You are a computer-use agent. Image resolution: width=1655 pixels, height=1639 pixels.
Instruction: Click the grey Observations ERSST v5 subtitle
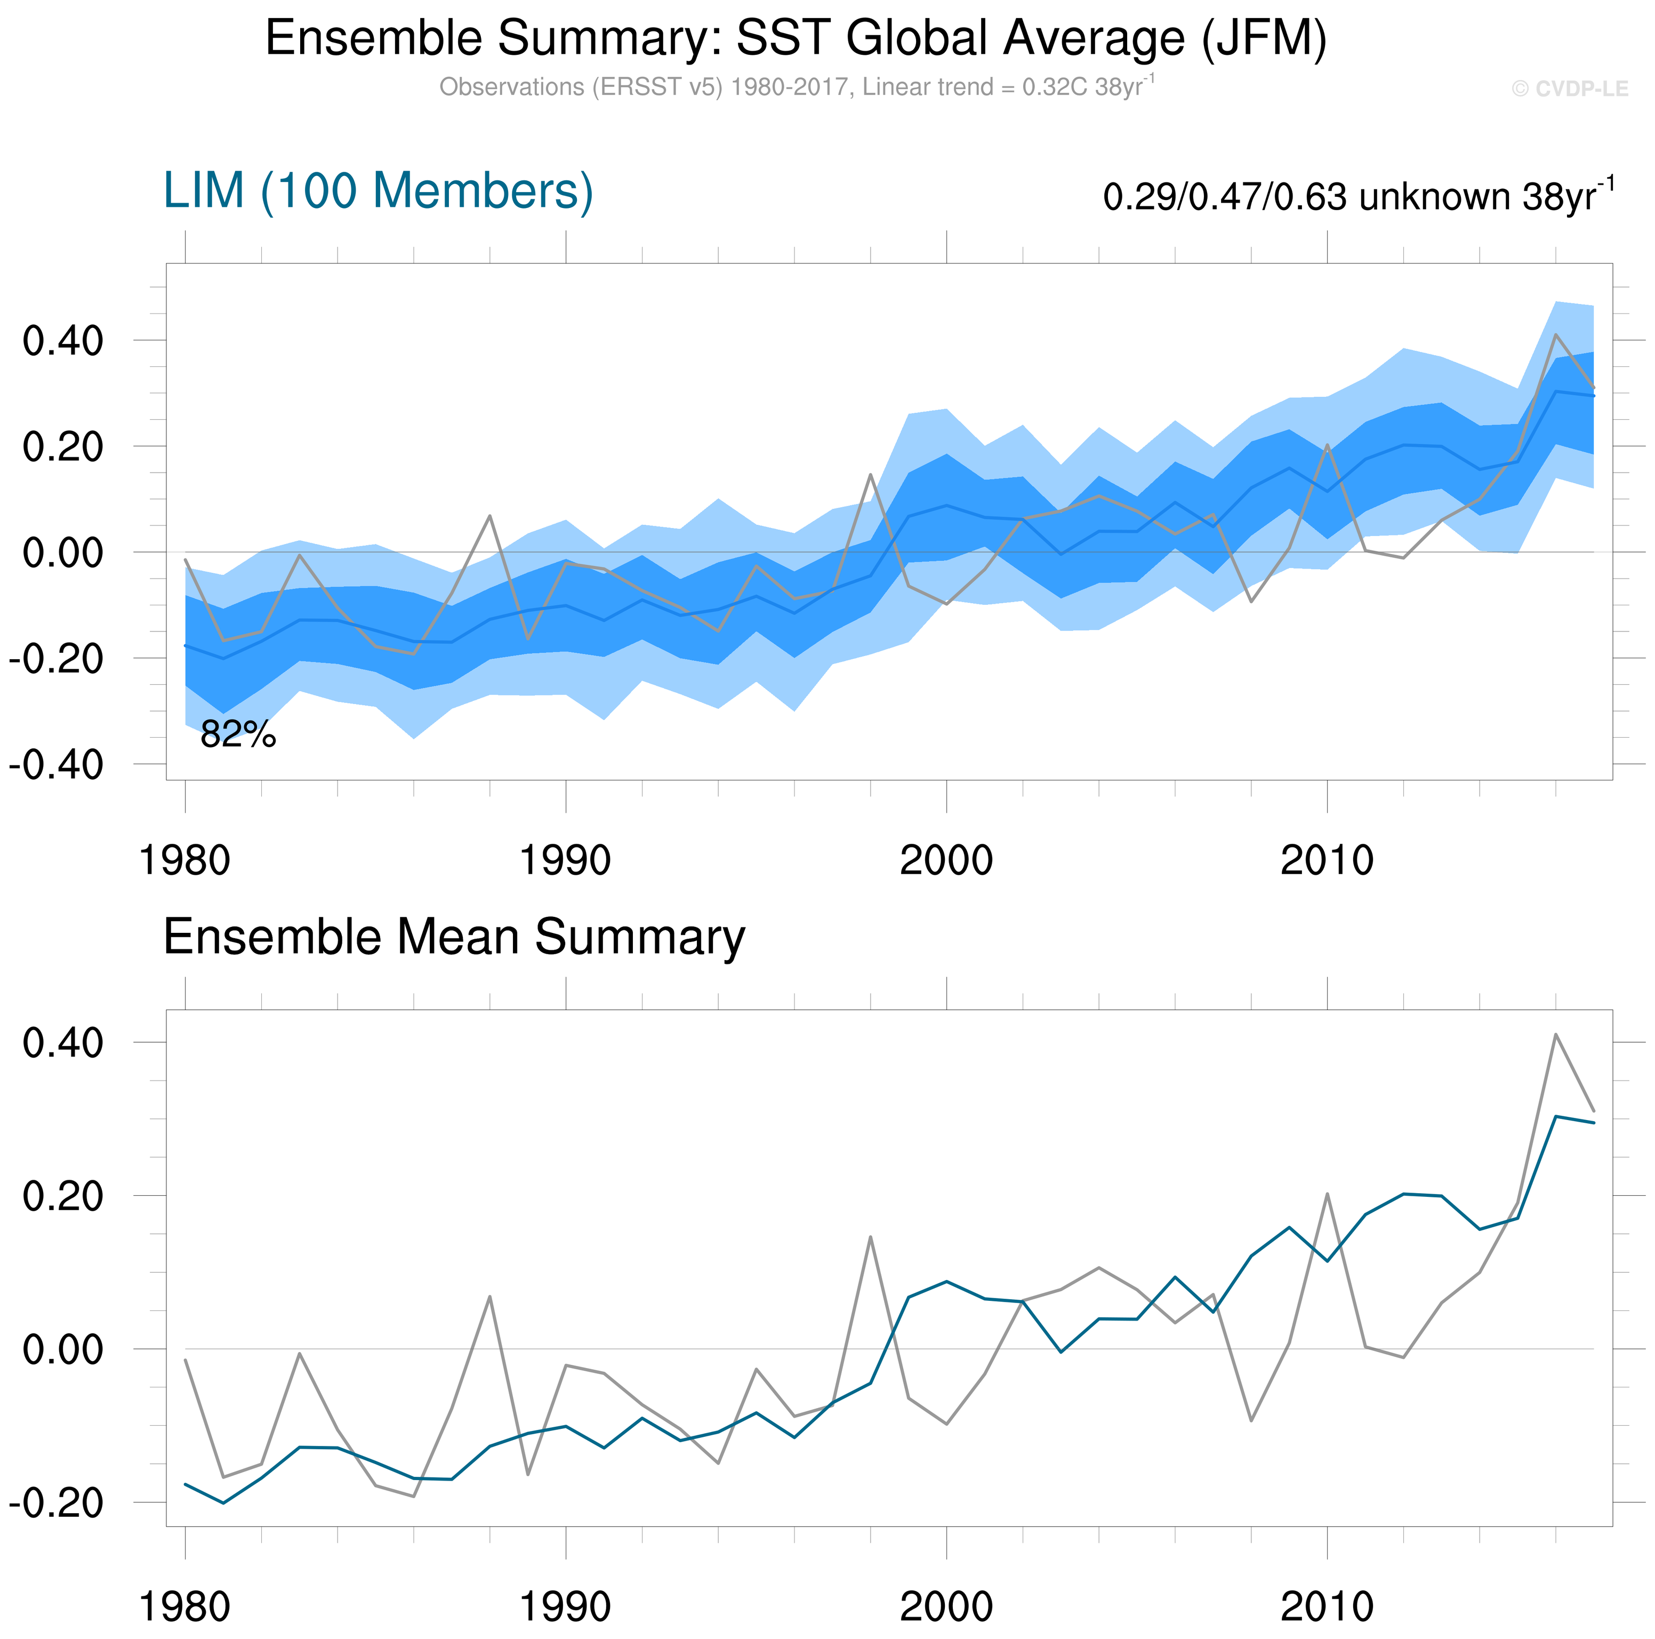point(796,87)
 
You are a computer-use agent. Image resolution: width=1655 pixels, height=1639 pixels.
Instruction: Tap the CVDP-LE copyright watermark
point(1569,89)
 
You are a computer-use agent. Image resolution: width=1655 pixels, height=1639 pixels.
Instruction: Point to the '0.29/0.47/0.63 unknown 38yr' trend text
point(1358,196)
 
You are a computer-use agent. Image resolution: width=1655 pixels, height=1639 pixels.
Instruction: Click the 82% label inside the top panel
point(238,734)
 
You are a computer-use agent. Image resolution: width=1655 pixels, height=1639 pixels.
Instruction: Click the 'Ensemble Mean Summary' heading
point(454,937)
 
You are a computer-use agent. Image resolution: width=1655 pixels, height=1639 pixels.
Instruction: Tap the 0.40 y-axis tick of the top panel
point(62,341)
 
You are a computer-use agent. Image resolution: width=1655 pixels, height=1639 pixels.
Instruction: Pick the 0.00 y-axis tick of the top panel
point(62,553)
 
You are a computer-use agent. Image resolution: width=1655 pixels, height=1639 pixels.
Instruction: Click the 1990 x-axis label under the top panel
point(565,860)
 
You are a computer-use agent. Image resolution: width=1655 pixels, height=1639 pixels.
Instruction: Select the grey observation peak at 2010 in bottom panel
point(1327,1194)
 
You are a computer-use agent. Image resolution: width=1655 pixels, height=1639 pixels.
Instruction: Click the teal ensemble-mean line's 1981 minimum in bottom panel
point(223,1503)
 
